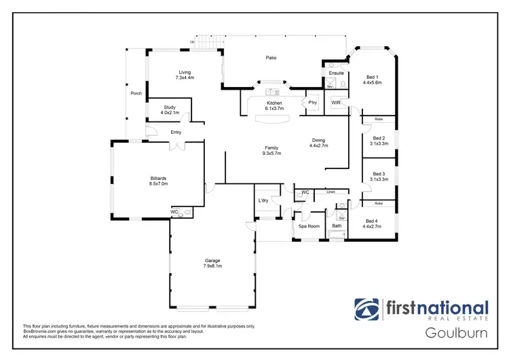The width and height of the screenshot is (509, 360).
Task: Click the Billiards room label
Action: point(158,178)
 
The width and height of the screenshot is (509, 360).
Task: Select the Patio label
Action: point(271,58)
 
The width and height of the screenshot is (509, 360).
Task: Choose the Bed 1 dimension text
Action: point(373,82)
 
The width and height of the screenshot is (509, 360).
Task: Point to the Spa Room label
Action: point(309,226)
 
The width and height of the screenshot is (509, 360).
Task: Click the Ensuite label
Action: point(336,73)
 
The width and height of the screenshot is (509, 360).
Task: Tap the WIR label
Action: point(335,102)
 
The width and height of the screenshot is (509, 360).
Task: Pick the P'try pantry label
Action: point(313,103)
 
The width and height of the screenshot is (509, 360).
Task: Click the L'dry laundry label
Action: point(264,200)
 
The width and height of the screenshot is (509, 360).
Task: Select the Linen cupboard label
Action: point(331,192)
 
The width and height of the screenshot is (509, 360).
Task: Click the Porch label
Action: point(136,93)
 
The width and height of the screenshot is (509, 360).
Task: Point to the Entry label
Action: point(176,132)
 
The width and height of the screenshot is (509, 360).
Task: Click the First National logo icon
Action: point(367,310)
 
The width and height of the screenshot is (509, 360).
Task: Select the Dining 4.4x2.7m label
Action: point(319,143)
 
